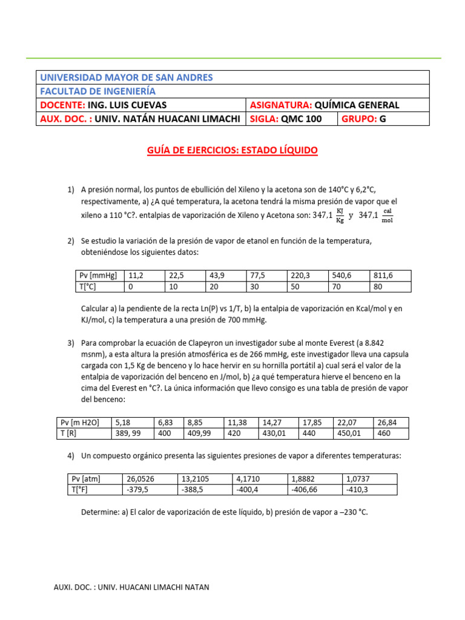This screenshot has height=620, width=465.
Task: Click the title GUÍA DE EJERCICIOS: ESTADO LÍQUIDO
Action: pos(232,150)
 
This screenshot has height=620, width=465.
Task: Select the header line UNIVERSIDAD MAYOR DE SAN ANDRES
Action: pos(126,77)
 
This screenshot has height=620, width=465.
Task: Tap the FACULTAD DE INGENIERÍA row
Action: pos(97,91)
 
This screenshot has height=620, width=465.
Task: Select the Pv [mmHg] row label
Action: pos(98,275)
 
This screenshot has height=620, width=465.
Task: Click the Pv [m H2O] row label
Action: pos(79,423)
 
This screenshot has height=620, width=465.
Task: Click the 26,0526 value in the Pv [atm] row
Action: pos(142,479)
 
